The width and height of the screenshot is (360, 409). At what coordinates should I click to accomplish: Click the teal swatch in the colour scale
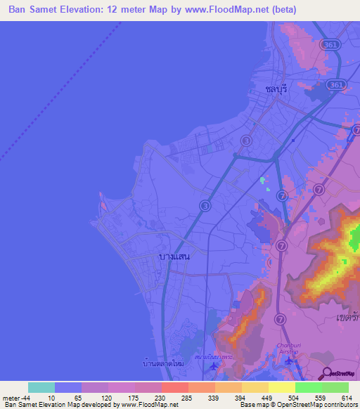41,387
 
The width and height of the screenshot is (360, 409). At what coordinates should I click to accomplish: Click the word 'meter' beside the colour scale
10,398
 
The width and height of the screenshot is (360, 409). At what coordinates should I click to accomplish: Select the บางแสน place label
174,257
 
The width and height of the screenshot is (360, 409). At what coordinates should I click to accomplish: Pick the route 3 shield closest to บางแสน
205,205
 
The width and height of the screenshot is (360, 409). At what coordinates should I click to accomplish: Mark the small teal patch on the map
263,181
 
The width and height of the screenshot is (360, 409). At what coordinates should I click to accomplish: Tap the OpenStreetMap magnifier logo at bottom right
326,374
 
